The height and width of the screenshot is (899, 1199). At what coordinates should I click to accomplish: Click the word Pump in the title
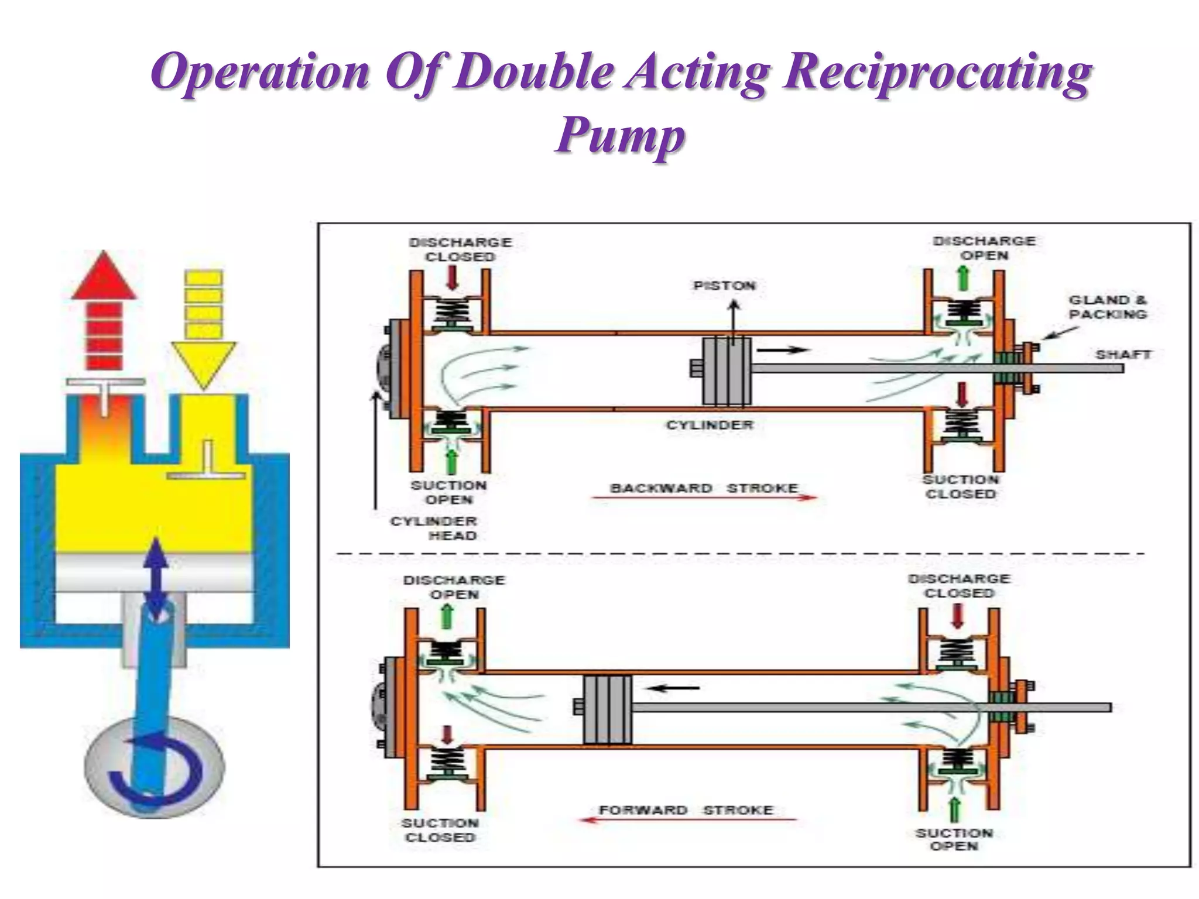[619, 136]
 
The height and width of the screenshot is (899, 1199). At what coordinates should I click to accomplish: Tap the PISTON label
[724, 286]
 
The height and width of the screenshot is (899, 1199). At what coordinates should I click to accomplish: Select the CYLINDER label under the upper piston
[710, 425]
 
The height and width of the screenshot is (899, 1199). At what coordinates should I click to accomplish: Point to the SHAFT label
[1123, 354]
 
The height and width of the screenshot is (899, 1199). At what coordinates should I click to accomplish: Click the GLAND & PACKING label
[1108, 307]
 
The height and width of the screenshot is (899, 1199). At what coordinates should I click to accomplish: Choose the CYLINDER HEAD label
[434, 528]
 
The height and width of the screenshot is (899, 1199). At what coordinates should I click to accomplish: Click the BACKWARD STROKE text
[704, 488]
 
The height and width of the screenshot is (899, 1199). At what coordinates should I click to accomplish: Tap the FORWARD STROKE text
[686, 810]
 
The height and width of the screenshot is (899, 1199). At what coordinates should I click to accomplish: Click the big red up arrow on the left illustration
[104, 310]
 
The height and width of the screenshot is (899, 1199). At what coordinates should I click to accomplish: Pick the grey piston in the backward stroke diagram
[726, 371]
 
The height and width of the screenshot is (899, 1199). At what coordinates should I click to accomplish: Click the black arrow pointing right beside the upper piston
[782, 350]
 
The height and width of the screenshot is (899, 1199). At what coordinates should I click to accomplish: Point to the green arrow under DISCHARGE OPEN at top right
[962, 279]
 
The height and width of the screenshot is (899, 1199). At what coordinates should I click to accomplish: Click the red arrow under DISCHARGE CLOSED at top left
[452, 279]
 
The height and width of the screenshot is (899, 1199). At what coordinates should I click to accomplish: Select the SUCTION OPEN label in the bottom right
[954, 839]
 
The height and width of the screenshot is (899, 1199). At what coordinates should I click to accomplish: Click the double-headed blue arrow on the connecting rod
[156, 579]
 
